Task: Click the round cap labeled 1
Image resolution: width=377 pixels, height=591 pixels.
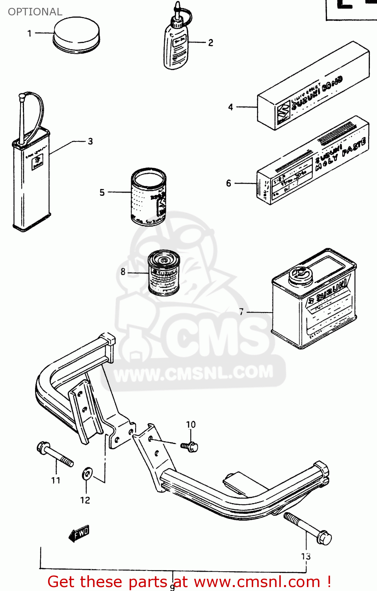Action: (x=76, y=35)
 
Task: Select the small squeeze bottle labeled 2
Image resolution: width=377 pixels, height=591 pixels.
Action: (x=176, y=47)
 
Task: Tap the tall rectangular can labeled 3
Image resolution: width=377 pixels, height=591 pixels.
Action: (x=32, y=181)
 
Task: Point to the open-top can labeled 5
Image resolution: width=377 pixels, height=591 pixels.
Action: (x=149, y=197)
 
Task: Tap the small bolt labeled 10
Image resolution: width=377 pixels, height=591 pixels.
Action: (x=190, y=446)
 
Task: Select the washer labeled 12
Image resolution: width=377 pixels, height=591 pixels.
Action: (x=87, y=474)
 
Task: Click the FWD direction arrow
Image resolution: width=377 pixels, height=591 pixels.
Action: (x=80, y=533)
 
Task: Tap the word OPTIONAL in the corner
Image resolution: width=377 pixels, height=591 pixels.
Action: (x=35, y=12)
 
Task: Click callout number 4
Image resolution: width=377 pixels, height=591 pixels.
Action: (x=230, y=107)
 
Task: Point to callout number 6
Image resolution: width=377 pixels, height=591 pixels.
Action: (x=228, y=183)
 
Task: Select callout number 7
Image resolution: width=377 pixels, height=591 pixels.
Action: (x=241, y=312)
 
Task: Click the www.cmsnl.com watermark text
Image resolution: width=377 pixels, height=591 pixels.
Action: (x=193, y=372)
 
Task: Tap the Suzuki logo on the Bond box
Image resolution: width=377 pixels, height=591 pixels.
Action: (x=283, y=112)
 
